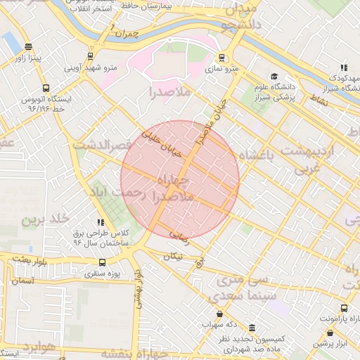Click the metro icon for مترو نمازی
(222, 58)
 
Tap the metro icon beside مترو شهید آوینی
(90, 56)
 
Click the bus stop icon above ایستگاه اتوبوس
(46, 89)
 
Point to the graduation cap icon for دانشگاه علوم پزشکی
(274, 77)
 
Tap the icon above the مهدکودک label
(343, 67)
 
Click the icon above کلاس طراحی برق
(101, 221)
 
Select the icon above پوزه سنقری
(103, 263)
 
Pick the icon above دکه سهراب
(220, 314)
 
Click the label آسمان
(23, 280)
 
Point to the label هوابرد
(37, 347)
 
